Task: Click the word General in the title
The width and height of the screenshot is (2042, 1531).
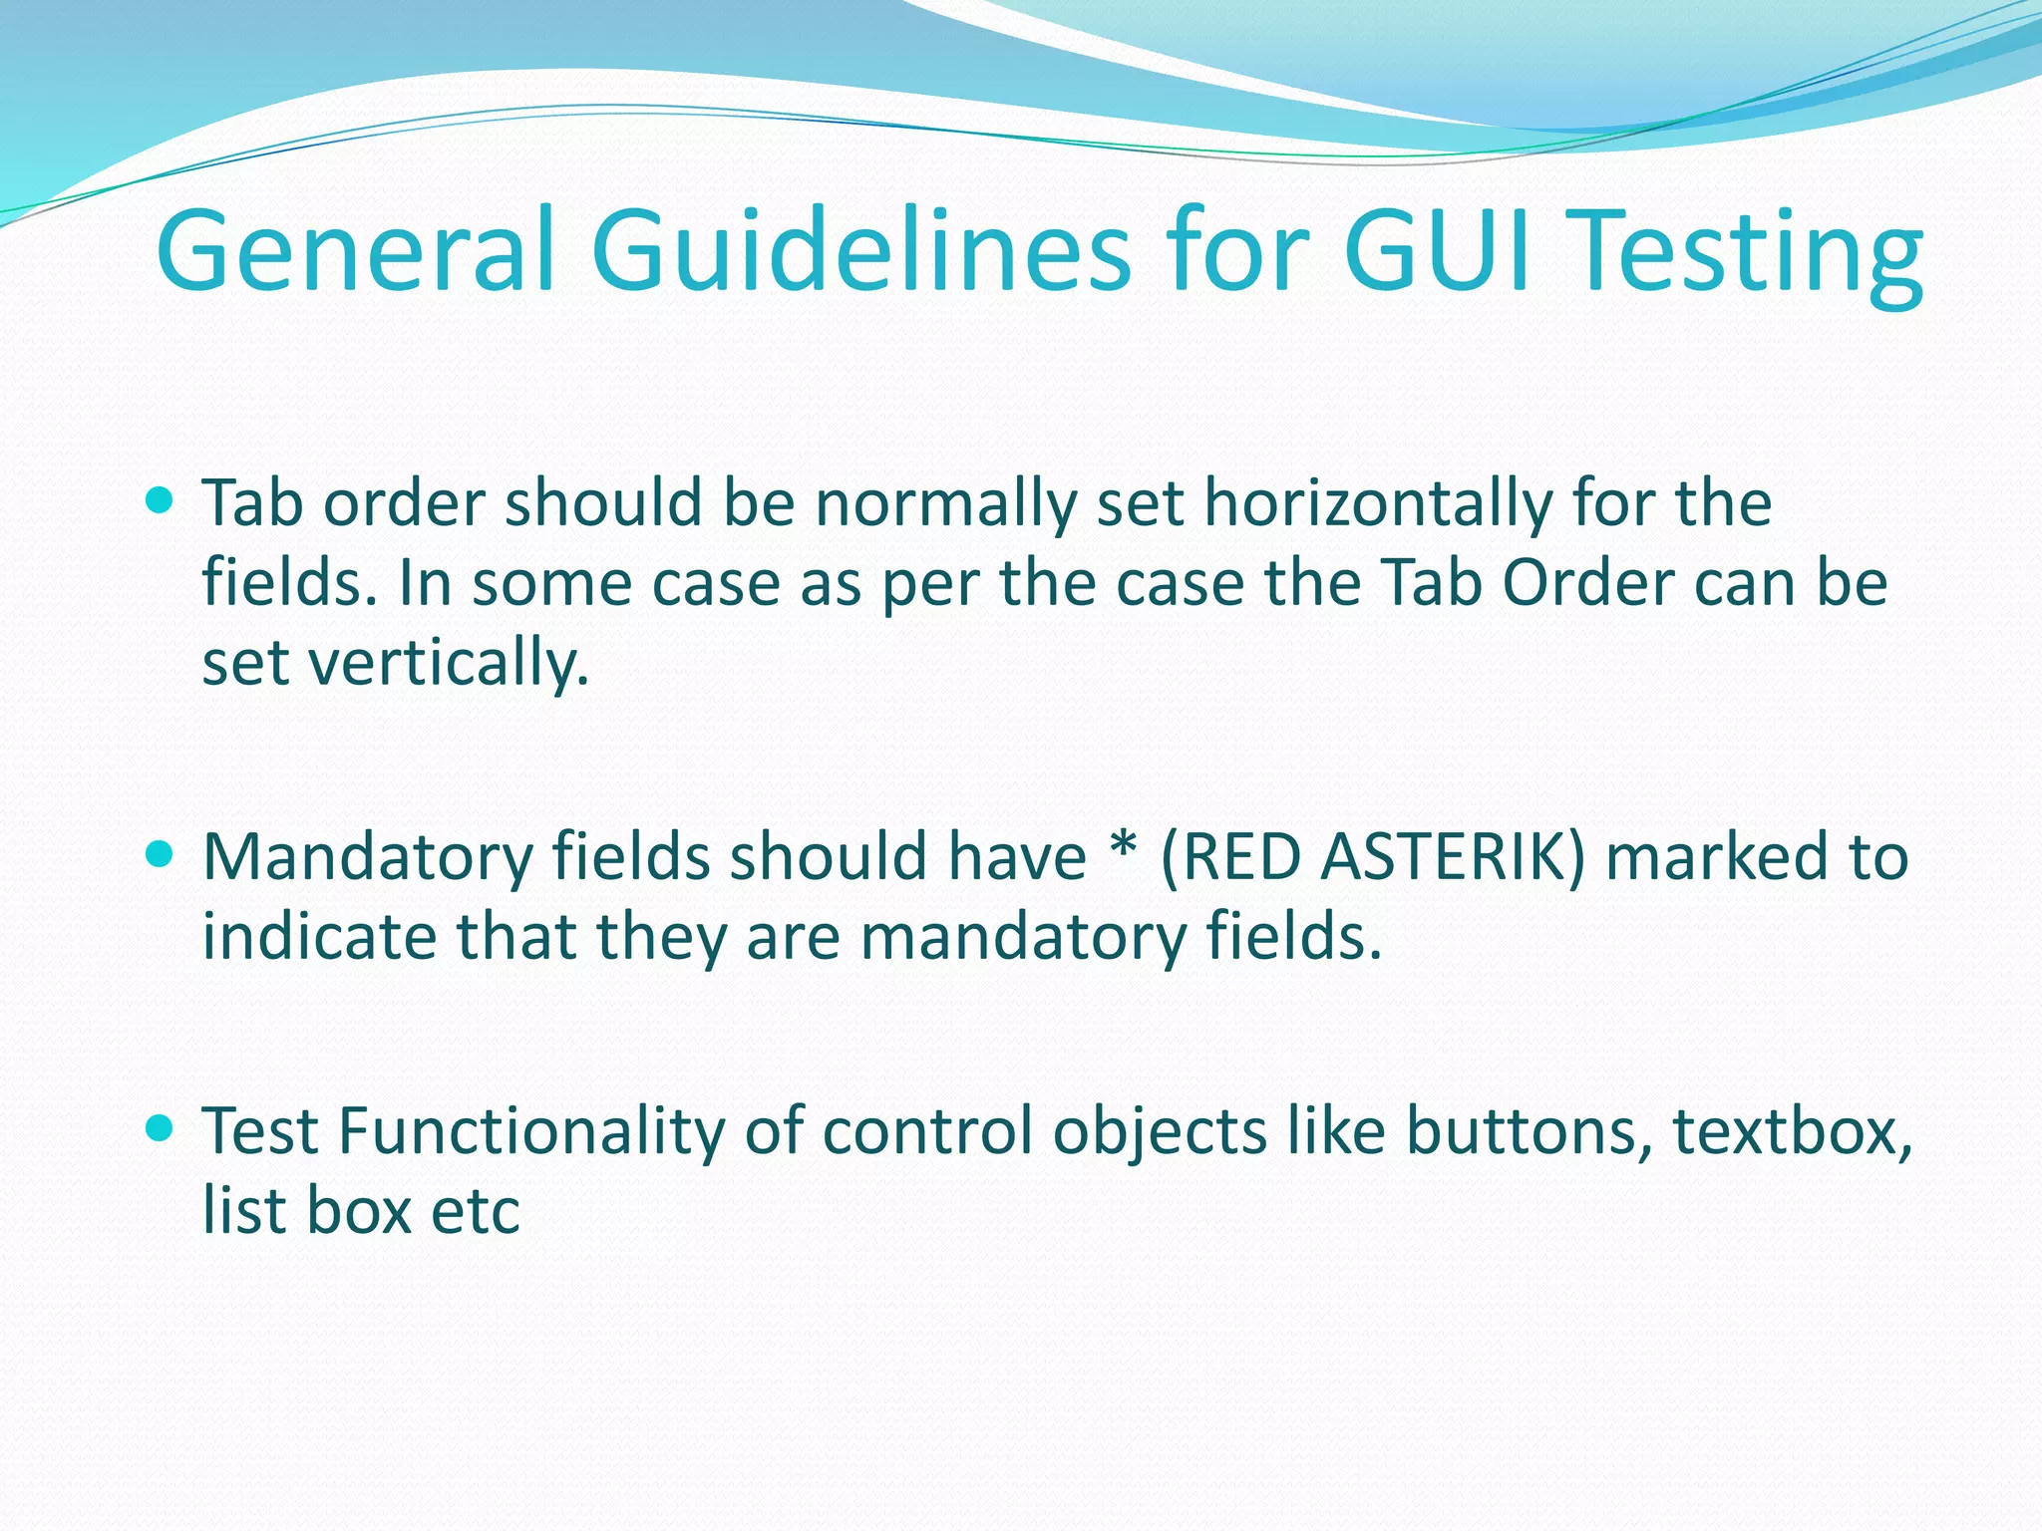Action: [x=354, y=251]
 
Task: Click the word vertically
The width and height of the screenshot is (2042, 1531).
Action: [x=449, y=663]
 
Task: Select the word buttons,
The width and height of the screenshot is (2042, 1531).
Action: [x=1525, y=1132]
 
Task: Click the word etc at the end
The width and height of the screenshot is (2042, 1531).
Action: [x=476, y=1211]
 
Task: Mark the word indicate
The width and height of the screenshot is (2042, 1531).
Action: [x=319, y=937]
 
